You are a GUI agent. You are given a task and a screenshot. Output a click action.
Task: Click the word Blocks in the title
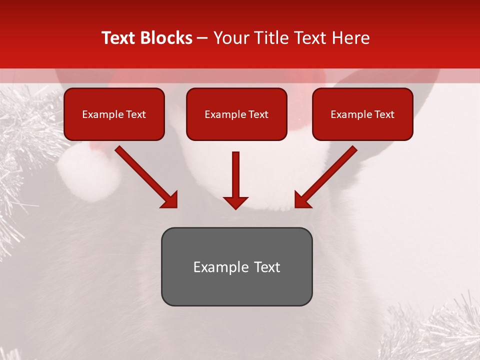coord(166,38)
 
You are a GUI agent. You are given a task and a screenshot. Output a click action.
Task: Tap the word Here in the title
coord(350,38)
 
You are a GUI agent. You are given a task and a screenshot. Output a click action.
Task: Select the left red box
coord(114,114)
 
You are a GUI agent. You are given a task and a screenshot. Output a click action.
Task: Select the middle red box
coord(236,114)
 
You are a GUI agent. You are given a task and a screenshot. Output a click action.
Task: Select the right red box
coord(362,114)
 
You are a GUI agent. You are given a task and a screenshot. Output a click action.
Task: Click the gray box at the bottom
coord(236,266)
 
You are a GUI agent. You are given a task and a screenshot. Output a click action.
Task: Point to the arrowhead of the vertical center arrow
coord(235,202)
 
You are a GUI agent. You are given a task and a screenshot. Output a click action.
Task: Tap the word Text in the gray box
coord(266,267)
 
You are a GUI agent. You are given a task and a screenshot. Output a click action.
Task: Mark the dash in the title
coord(202,38)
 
